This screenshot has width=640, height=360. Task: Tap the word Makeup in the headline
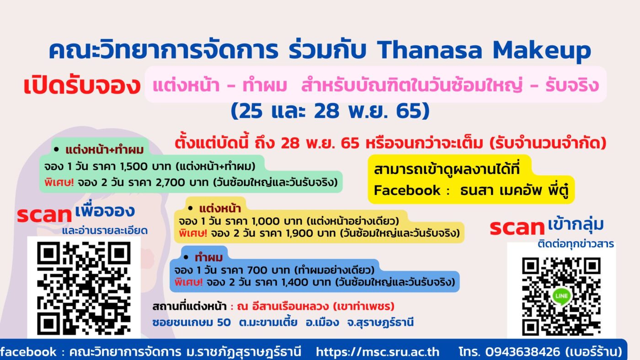[542, 51]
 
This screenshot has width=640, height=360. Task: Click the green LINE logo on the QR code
[562, 296]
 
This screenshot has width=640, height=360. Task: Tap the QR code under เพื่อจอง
[84, 288]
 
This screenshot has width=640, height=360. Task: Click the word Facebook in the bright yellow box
[407, 190]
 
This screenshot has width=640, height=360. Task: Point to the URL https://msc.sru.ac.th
[378, 352]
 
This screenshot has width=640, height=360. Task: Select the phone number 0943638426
[523, 352]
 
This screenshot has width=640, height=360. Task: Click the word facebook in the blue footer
[28, 352]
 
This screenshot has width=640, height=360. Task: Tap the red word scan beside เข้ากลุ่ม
[517, 228]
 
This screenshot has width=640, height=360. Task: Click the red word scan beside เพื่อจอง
[44, 215]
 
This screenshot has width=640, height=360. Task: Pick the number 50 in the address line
[224, 323]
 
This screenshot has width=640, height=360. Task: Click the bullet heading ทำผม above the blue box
[208, 258]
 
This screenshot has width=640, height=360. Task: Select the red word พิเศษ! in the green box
[59, 182]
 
